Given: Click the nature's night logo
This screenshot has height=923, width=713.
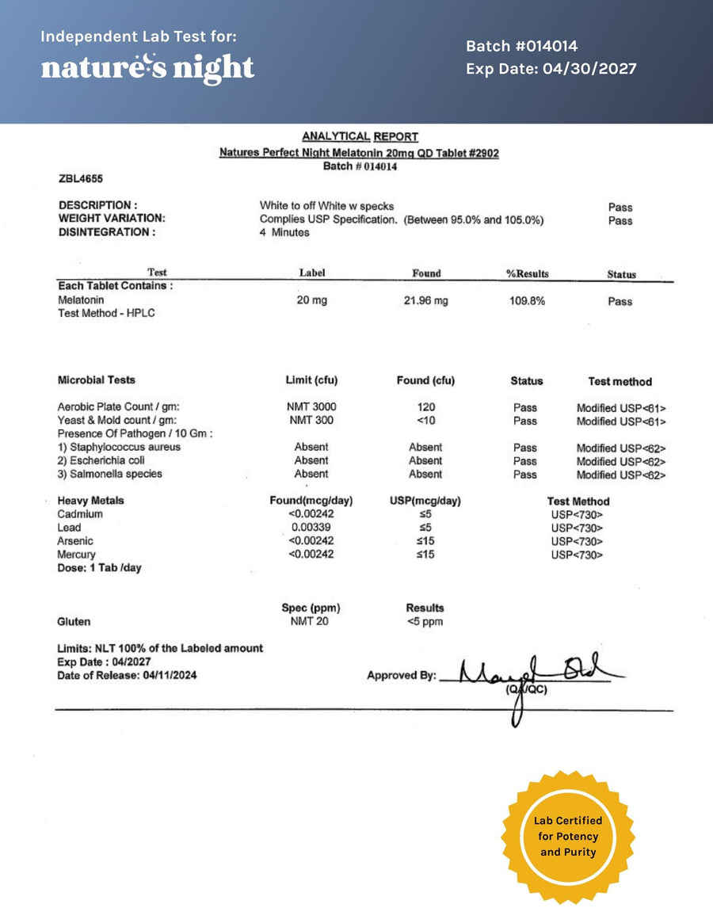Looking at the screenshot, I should click(x=147, y=67).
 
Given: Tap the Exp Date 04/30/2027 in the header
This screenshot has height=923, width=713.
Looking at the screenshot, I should click(x=551, y=69).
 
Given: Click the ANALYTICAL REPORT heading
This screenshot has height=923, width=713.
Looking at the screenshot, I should click(x=360, y=136).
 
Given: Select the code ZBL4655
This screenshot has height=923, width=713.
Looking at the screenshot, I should click(x=81, y=179).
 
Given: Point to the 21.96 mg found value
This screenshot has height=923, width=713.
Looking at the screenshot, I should click(x=425, y=301).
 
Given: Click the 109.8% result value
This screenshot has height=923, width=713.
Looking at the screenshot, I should click(x=527, y=301).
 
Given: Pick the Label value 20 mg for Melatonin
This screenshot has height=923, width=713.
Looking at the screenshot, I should click(x=311, y=301).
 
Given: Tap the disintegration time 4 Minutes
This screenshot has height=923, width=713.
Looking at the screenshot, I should click(x=284, y=233).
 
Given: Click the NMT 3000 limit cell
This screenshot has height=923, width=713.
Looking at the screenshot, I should click(x=311, y=407).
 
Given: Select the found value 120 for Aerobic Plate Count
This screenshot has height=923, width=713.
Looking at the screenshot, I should click(x=425, y=407).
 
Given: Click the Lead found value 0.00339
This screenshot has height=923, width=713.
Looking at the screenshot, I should click(x=311, y=528).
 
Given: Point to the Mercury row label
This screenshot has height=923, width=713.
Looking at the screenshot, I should click(x=76, y=555).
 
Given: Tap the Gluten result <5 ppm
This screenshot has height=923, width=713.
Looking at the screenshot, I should click(x=425, y=622).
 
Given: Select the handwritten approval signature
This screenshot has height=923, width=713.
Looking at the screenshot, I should click(x=531, y=677).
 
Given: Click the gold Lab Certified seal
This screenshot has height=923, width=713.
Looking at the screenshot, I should click(x=568, y=837).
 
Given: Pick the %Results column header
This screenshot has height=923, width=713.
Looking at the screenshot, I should click(x=527, y=274).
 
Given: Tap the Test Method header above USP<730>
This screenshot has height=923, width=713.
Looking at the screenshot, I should click(x=578, y=502).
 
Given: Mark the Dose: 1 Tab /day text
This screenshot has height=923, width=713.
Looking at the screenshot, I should click(x=99, y=568).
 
